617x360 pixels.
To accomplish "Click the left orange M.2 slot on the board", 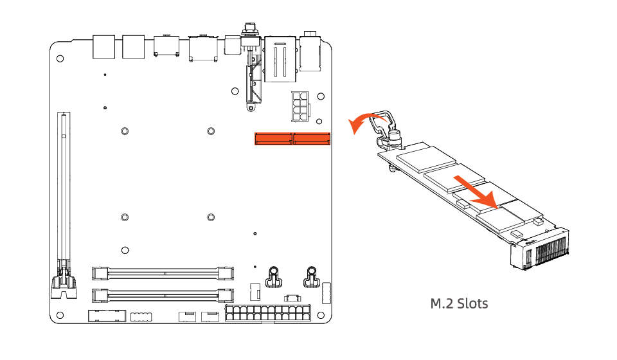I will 273,138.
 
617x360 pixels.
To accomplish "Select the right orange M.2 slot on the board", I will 311,138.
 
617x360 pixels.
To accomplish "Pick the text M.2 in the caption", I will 441,303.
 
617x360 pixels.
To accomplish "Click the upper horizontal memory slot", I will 162,273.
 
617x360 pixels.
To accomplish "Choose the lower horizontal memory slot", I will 162,296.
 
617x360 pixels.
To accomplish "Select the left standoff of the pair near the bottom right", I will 273,276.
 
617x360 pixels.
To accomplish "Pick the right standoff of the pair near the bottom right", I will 311,276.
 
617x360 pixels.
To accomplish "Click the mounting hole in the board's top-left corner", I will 60,59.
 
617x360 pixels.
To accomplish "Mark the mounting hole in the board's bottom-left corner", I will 60,315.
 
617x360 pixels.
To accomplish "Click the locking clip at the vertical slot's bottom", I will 64,283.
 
